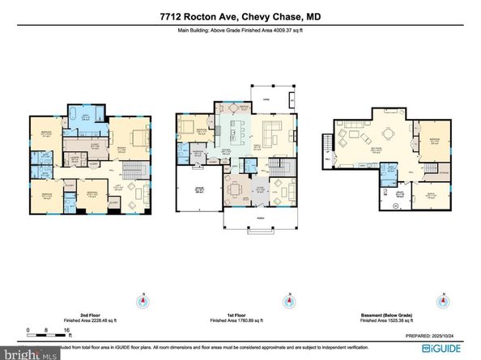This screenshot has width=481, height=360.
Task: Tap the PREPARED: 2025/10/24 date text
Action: click(429, 335)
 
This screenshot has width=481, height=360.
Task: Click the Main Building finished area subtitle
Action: click(240, 31)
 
